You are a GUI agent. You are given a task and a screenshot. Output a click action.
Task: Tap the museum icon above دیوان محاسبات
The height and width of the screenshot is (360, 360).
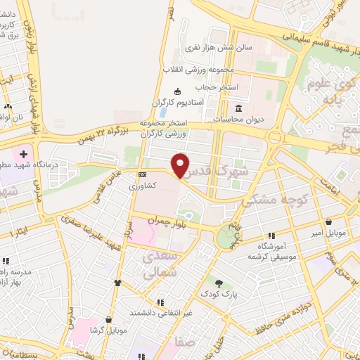[x=239, y=108]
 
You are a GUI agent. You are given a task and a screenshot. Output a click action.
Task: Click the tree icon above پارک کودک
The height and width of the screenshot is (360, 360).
[x=219, y=283]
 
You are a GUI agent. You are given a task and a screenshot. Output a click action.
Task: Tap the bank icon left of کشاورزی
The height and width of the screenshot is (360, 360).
[x=143, y=174]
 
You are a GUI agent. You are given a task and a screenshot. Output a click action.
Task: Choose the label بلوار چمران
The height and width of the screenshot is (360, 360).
[x=166, y=221]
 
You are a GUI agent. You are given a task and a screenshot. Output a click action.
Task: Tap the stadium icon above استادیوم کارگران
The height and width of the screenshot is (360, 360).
[x=176, y=91]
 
